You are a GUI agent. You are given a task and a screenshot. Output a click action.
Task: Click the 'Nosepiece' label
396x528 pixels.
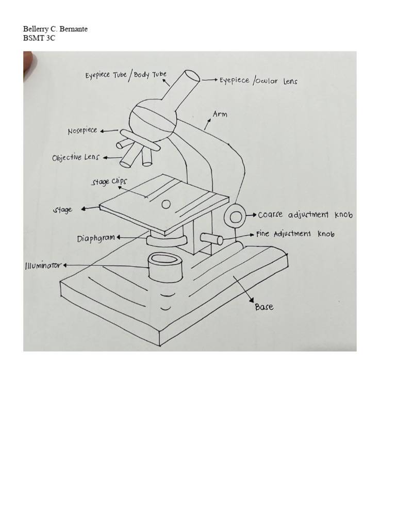(82, 131)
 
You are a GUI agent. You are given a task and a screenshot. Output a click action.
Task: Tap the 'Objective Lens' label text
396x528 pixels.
(75, 158)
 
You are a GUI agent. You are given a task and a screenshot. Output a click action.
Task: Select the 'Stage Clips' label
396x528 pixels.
(109, 182)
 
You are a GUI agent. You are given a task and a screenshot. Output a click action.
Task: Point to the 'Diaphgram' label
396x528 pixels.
(96, 238)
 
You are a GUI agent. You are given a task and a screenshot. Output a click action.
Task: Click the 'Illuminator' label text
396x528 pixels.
(43, 266)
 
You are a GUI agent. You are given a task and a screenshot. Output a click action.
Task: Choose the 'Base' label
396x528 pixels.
(264, 307)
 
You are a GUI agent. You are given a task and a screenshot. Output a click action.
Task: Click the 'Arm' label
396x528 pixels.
(220, 114)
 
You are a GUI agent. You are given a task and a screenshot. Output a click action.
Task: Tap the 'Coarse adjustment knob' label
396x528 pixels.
(305, 214)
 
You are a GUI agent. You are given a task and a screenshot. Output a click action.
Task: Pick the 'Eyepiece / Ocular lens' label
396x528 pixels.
(258, 81)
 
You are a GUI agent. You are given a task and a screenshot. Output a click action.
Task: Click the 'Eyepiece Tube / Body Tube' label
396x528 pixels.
(126, 75)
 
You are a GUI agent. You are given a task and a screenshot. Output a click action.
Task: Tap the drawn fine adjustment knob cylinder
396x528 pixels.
(212, 239)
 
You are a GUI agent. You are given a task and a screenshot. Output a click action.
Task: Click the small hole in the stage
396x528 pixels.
(166, 205)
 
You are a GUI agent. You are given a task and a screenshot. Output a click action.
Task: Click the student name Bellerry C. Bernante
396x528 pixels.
(56, 29)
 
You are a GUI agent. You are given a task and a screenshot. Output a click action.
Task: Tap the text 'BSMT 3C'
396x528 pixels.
(39, 38)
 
